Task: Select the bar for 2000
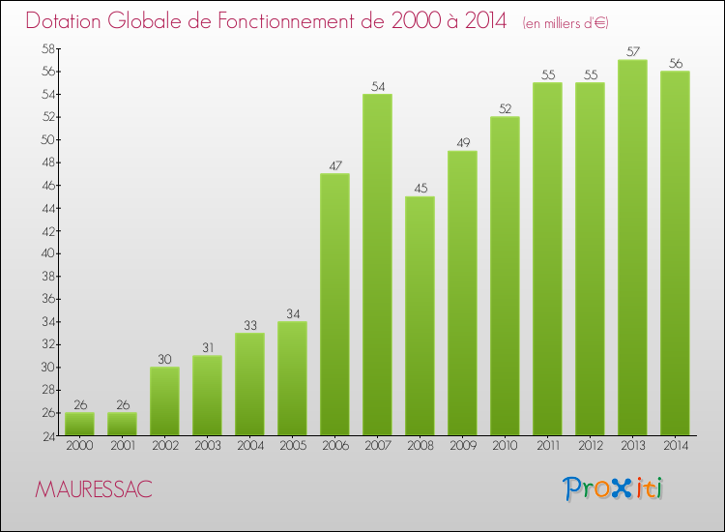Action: tap(79, 424)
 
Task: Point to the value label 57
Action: tap(632, 52)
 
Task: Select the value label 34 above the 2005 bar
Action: tap(292, 314)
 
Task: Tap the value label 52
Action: tap(505, 109)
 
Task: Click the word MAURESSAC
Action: tap(93, 489)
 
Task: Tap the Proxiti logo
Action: tap(612, 488)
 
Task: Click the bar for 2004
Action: tap(249, 384)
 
